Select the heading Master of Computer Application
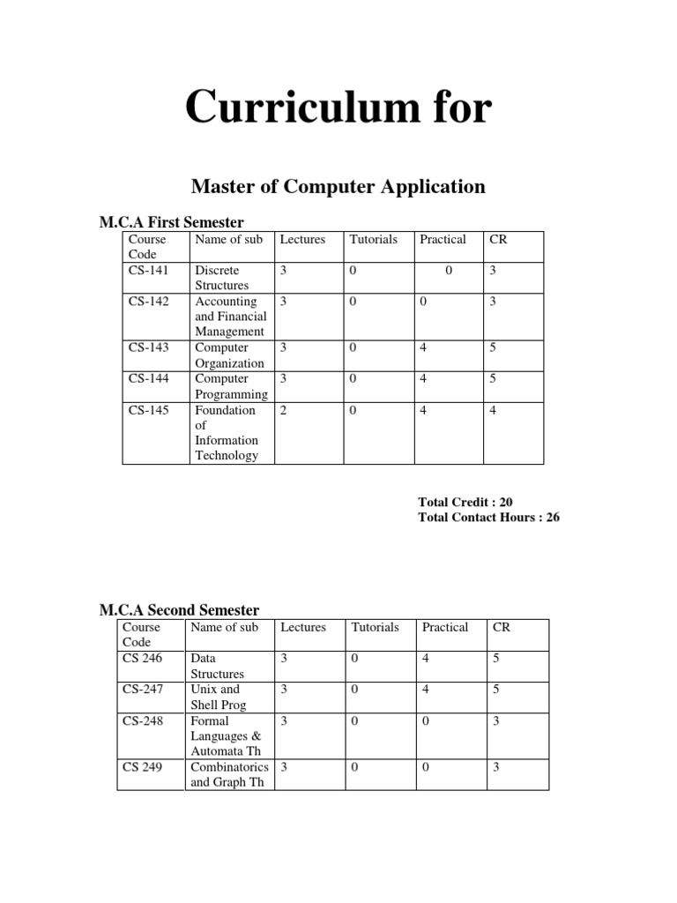[x=338, y=187]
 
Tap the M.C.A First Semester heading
[x=172, y=221]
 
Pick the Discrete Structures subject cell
[x=222, y=278]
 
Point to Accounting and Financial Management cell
[x=230, y=317]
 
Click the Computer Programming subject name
[x=232, y=387]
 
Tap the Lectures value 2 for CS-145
[x=284, y=410]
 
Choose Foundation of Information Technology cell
[x=227, y=433]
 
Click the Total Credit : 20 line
[x=465, y=502]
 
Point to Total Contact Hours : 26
[x=488, y=518]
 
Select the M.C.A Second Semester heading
[x=178, y=610]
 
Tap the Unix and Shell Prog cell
[x=218, y=697]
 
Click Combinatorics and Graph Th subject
[x=229, y=774]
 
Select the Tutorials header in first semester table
[x=374, y=239]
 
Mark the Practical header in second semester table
[x=445, y=627]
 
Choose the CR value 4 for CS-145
[x=494, y=410]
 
